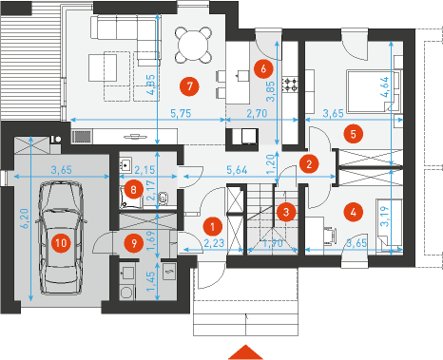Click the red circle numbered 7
tap(189, 86)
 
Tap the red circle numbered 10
tap(61, 243)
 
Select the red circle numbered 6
tap(263, 68)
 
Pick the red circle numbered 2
tap(309, 163)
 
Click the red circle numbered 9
tap(134, 243)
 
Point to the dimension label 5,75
tap(181, 113)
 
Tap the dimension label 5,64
tap(237, 170)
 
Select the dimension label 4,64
tap(390, 86)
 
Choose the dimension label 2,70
tap(257, 113)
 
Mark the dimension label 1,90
tap(273, 243)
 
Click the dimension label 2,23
tap(214, 243)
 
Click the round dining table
tap(193, 45)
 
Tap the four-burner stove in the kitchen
tap(290, 85)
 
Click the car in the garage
tap(61, 238)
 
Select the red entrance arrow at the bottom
tap(245, 352)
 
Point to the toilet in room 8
tap(164, 199)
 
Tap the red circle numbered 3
tap(286, 212)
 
